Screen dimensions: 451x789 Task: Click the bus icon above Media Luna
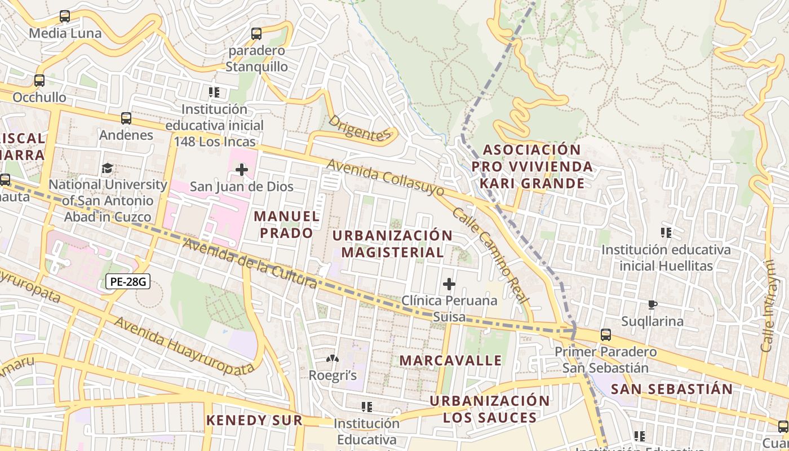point(65,16)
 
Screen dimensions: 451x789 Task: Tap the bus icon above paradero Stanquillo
point(256,34)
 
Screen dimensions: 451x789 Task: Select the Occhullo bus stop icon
point(39,81)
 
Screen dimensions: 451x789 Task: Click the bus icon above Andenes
point(126,118)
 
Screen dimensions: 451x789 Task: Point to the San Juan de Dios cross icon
point(242,169)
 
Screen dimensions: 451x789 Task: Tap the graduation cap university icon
point(107,168)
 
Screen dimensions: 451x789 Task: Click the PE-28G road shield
point(128,281)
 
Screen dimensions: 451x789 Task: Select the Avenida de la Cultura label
point(250,264)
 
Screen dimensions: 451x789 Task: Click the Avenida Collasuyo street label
point(385,177)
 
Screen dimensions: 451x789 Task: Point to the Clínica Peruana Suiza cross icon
point(449,284)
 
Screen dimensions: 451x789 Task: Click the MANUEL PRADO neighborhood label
point(286,224)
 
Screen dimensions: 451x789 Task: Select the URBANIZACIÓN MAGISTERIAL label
point(392,244)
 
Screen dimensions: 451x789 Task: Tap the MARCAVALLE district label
point(450,360)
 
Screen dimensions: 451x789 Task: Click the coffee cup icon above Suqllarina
point(652,305)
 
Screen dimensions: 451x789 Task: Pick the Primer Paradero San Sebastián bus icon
point(606,335)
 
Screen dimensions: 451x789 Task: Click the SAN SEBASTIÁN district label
point(672,389)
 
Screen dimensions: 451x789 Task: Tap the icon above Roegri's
point(333,359)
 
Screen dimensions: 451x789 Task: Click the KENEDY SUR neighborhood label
point(254,420)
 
